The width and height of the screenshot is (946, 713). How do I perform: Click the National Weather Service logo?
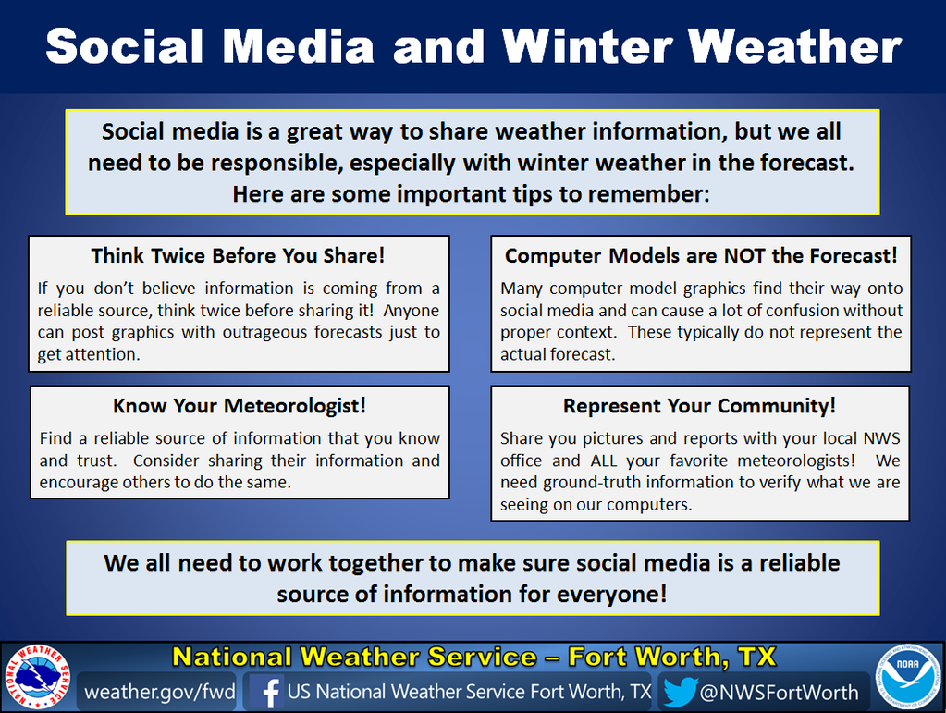[x=37, y=676]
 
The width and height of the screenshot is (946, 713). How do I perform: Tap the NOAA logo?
[x=908, y=676]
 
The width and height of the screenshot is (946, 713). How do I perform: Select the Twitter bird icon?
[x=681, y=692]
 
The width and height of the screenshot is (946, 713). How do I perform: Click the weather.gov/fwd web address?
[x=160, y=692]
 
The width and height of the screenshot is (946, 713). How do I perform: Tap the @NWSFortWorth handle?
[x=779, y=693]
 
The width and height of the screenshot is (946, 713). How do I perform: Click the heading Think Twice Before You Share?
[x=238, y=256]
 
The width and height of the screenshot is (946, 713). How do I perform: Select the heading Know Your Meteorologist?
[x=240, y=406]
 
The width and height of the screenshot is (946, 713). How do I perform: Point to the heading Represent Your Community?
[x=700, y=406]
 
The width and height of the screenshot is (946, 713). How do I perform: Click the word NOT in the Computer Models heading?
[x=745, y=256]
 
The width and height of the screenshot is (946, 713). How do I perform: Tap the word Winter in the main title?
[x=586, y=46]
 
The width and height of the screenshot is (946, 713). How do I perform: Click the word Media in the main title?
[x=299, y=46]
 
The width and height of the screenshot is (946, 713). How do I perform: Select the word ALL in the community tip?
[x=603, y=461]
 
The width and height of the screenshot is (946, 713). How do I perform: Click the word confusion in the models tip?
[x=789, y=311]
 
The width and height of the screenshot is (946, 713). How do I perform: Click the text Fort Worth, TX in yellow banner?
[x=672, y=657]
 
